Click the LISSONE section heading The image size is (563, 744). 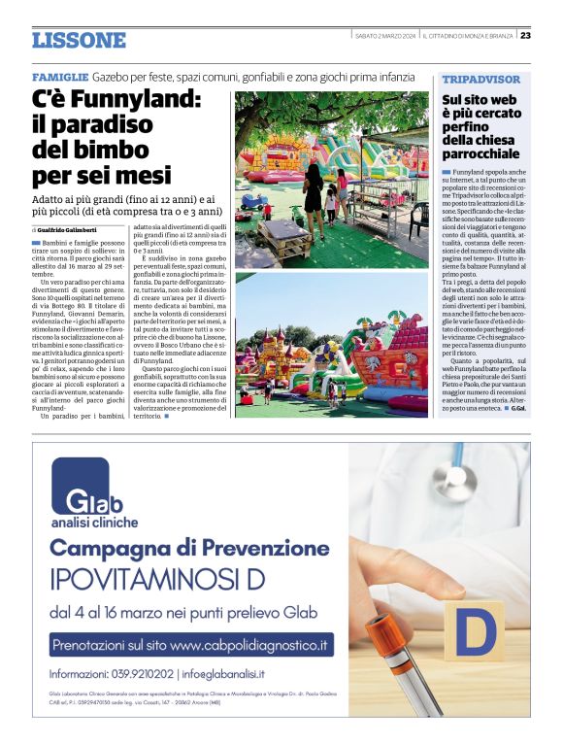point(79,41)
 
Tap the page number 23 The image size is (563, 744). point(525,36)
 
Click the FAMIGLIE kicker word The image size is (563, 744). point(60,77)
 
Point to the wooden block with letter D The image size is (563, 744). point(475,632)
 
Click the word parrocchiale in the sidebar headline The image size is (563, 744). point(480,153)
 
